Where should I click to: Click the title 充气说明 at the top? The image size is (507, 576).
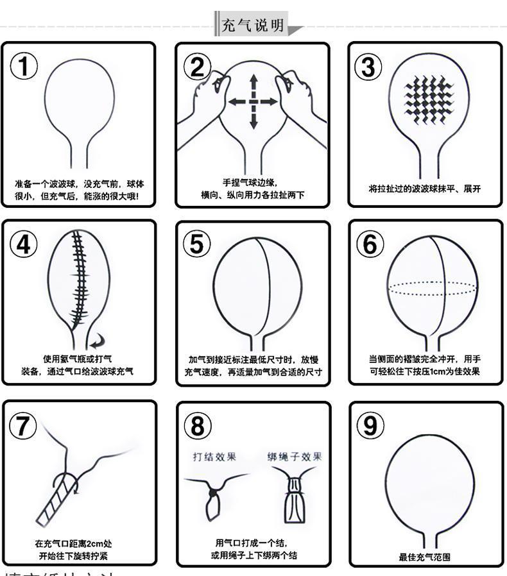(252, 26)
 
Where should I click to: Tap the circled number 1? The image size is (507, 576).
(24, 66)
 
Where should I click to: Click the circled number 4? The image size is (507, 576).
(24, 244)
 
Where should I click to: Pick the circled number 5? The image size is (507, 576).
(197, 244)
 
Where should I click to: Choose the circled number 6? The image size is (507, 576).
(370, 244)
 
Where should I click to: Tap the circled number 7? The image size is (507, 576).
(23, 425)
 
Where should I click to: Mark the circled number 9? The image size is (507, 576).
(370, 425)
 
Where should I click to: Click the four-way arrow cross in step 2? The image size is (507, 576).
(253, 101)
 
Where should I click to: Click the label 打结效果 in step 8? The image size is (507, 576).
(214, 457)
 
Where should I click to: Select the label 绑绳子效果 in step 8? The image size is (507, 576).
(295, 457)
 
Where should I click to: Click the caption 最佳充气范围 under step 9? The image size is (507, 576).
(425, 557)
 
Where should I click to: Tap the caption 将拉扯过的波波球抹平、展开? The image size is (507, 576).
(425, 189)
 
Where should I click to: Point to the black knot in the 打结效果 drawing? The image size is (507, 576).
(212, 493)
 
